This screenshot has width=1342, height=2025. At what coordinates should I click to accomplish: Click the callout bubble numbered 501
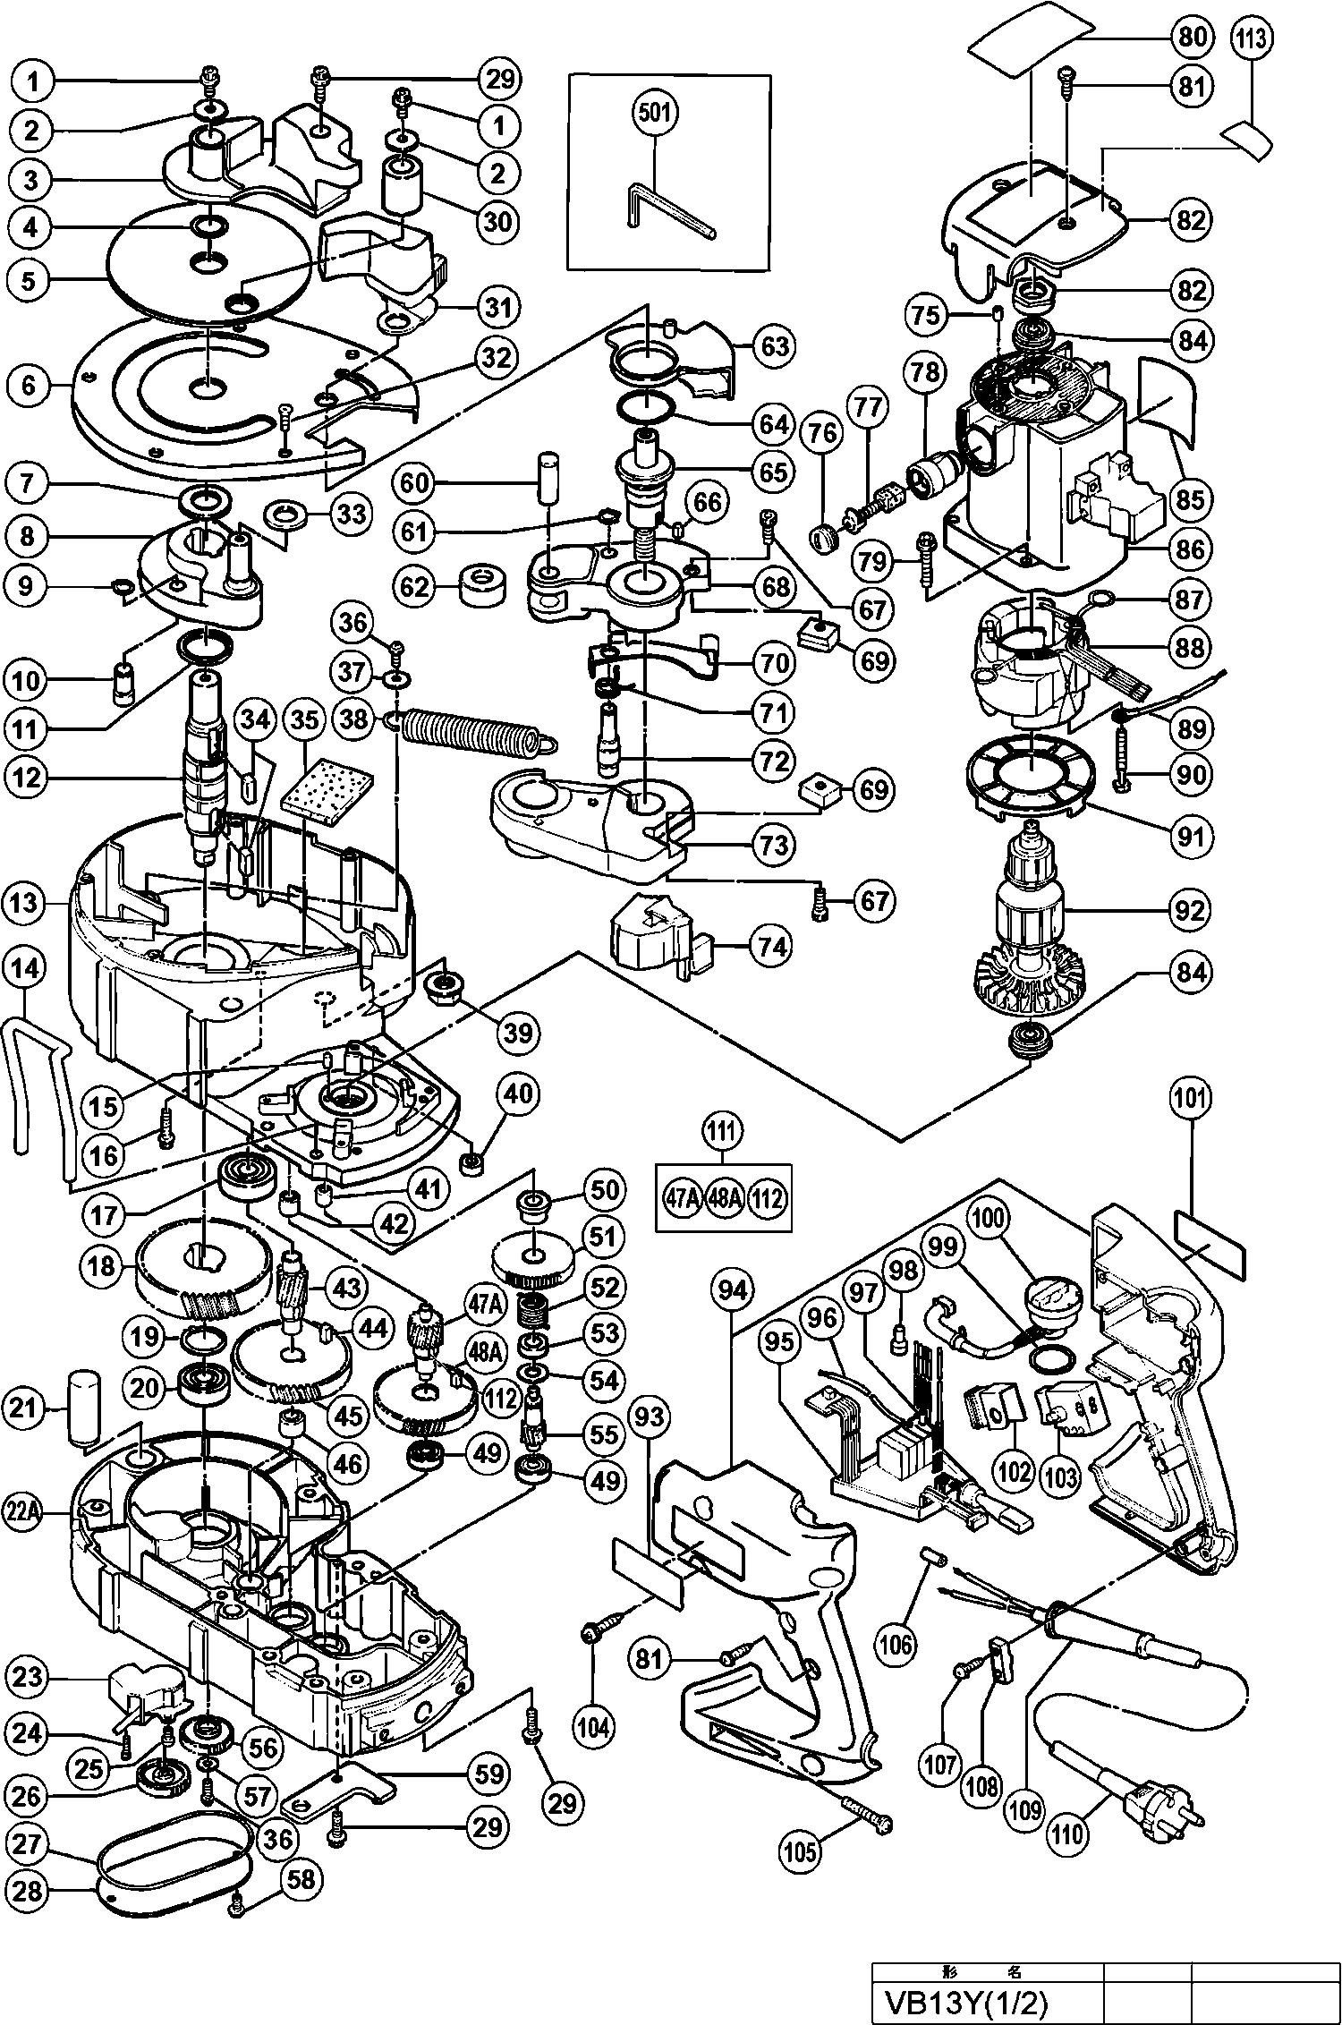[656, 115]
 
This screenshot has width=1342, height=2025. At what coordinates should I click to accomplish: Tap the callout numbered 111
[723, 1131]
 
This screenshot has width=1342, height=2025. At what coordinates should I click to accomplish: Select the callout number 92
[1189, 910]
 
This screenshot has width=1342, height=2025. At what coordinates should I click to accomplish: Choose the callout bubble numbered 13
[26, 903]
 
